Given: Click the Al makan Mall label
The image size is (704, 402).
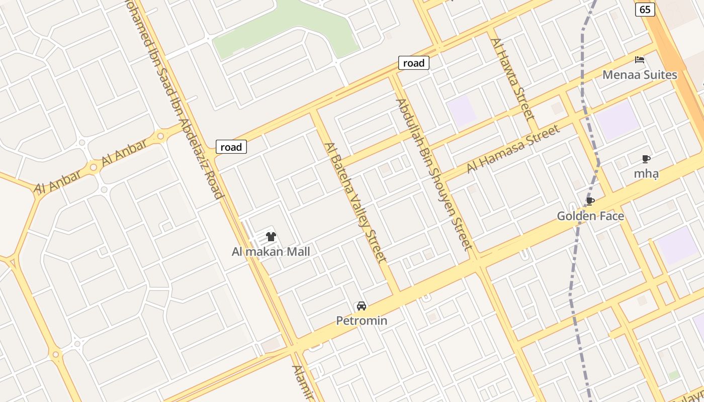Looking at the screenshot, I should (x=271, y=252).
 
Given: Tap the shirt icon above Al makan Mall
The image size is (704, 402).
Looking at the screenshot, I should (x=271, y=237).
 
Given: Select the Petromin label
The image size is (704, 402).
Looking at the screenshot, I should (x=362, y=321).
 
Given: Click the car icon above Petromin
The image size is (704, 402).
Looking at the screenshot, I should (x=361, y=306).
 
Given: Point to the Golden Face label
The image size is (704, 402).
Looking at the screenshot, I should (x=590, y=217).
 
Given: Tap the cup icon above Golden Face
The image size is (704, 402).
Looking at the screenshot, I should (x=590, y=202).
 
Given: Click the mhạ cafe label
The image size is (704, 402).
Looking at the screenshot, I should (x=646, y=174).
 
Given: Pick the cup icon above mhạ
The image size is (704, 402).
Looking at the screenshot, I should (x=646, y=159).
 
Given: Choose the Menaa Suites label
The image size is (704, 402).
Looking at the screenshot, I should (x=640, y=75).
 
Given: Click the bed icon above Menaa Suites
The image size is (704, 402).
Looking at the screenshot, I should (x=640, y=60).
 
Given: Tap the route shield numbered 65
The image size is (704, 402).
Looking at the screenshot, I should (x=645, y=9).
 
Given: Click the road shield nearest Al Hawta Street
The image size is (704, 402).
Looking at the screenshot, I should (x=414, y=63).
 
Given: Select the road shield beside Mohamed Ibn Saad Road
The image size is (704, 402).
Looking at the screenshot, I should (x=231, y=147).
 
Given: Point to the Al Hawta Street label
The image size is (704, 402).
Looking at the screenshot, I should (x=512, y=78).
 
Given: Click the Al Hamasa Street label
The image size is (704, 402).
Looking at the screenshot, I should (x=513, y=149).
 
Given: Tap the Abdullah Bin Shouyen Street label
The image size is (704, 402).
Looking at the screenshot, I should (x=434, y=174).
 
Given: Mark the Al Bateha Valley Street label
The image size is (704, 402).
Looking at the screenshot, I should (x=356, y=202).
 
